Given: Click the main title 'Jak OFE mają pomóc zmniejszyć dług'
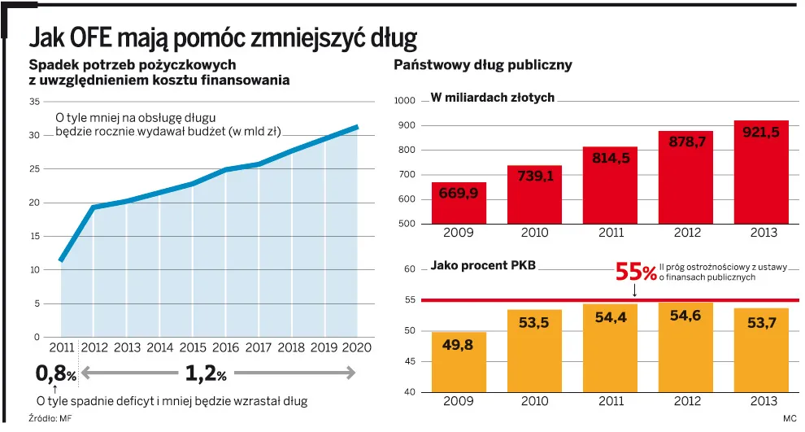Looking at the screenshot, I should [x=223, y=37].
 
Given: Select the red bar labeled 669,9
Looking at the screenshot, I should [x=459, y=203].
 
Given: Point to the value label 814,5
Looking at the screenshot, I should [x=610, y=159].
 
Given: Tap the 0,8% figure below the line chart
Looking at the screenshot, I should [x=55, y=374].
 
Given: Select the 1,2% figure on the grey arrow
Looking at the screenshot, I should [x=206, y=373].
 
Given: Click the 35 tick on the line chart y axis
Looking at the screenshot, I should [x=34, y=102].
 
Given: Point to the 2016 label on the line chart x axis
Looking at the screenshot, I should [x=225, y=347].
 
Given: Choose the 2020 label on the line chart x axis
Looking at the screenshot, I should [x=357, y=347].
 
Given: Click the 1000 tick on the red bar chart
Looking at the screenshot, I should [x=405, y=101].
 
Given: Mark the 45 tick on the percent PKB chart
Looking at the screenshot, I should [x=410, y=362].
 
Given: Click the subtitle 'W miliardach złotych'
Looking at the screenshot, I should [x=492, y=98].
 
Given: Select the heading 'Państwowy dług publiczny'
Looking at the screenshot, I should [x=483, y=65].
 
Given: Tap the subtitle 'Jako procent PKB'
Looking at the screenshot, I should [x=483, y=265].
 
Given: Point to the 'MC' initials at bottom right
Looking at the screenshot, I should [x=790, y=418].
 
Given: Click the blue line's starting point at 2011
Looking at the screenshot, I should [x=62, y=260].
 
